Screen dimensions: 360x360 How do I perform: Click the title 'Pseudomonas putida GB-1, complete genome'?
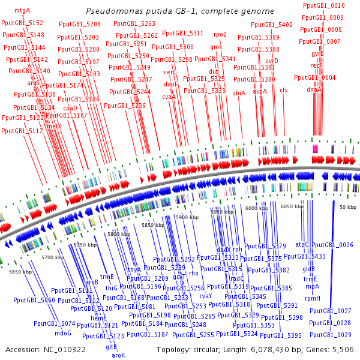180,11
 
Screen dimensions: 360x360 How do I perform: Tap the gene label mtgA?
22,11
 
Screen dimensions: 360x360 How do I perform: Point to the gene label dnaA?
314,89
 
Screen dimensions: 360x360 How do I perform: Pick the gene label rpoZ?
220,34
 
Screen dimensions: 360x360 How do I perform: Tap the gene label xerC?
170,72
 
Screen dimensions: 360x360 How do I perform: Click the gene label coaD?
71,108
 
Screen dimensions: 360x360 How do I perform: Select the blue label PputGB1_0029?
331,335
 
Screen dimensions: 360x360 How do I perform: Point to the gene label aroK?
119,355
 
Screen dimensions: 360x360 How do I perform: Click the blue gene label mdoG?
63,332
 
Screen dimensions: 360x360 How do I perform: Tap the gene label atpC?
302,244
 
